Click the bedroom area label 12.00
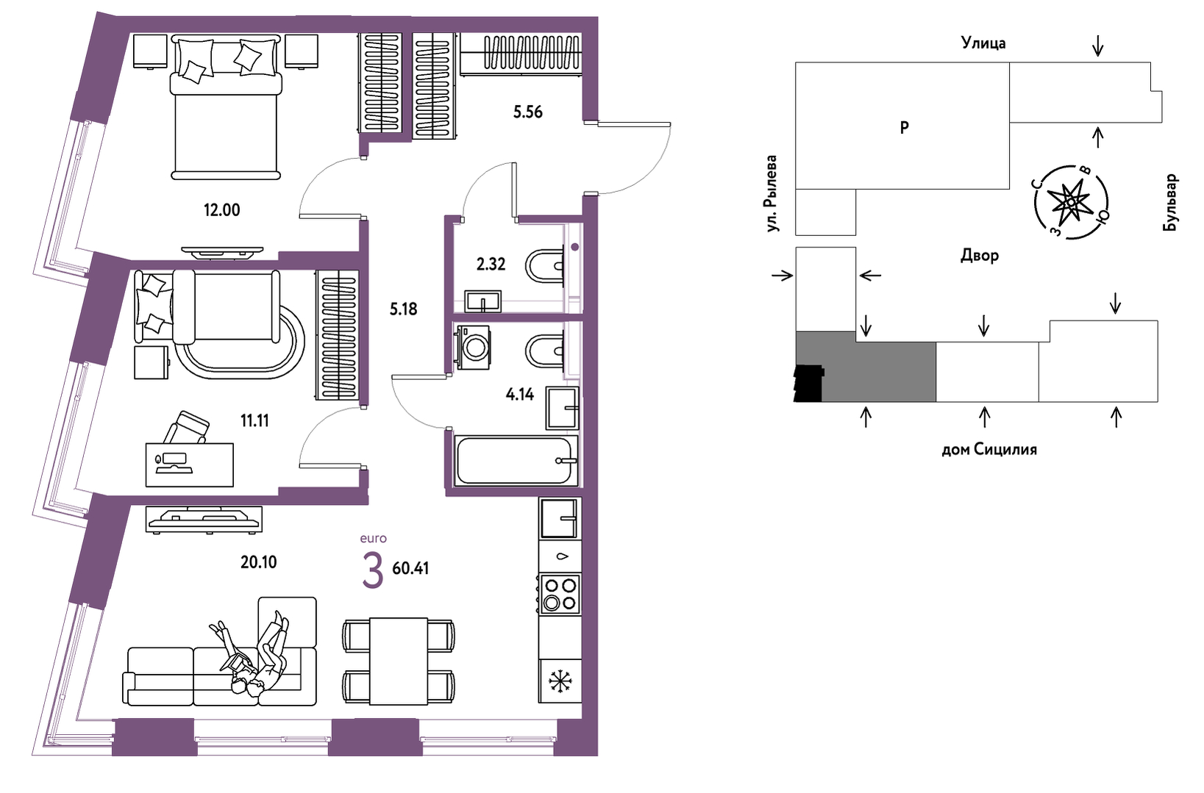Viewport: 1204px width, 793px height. (x=221, y=210)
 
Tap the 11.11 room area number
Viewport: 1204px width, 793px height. (x=254, y=420)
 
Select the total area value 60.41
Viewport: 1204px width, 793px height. (x=410, y=568)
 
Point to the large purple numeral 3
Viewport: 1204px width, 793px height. (x=372, y=571)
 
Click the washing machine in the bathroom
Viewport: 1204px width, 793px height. (x=472, y=348)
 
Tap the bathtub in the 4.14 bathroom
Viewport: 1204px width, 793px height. (x=514, y=460)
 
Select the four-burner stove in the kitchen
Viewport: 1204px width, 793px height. (x=560, y=594)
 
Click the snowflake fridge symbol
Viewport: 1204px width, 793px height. (x=560, y=681)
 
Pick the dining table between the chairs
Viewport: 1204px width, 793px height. (x=399, y=660)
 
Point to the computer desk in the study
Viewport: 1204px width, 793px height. (x=190, y=464)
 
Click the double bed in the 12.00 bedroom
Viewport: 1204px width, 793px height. (x=227, y=107)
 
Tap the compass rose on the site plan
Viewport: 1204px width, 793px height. (x=1071, y=203)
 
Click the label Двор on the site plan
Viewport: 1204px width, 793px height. (x=980, y=255)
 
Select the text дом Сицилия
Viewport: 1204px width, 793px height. (x=989, y=449)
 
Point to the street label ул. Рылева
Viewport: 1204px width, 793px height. (x=772, y=193)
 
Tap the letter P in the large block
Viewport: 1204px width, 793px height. (x=905, y=127)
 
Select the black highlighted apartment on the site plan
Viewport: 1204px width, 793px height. (x=808, y=384)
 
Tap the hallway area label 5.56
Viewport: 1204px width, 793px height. (x=528, y=112)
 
